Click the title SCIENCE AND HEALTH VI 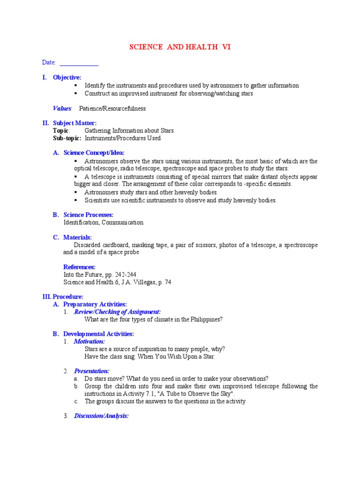point(180,47)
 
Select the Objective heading point(67,77)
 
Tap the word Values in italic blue point(62,108)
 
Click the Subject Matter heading point(75,123)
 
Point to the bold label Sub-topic point(67,138)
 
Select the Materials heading point(77,238)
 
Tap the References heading point(79,267)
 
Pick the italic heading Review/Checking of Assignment point(117,312)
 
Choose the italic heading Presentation point(91,371)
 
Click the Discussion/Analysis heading point(101,416)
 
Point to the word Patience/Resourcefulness point(112,108)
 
